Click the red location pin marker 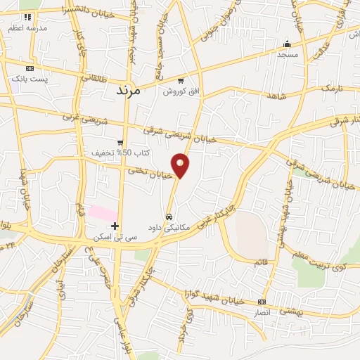click(x=181, y=166)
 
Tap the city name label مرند click(x=127, y=91)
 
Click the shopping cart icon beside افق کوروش click(x=181, y=80)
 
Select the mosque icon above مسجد click(x=287, y=43)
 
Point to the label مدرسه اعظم click(x=27, y=27)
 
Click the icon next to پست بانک click(x=30, y=68)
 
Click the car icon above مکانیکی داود click(x=169, y=216)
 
